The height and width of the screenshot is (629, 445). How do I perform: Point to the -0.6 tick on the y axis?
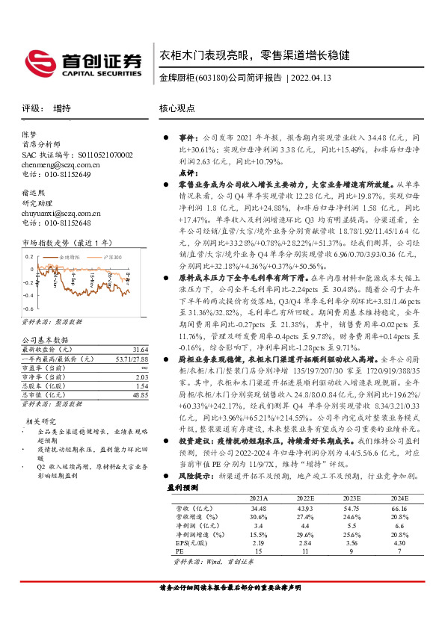pos(28,307)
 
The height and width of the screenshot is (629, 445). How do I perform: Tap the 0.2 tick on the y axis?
pos(29,256)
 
